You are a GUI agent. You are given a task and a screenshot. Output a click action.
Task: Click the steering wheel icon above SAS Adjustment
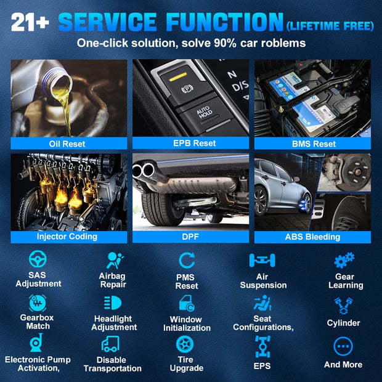tap(38, 259)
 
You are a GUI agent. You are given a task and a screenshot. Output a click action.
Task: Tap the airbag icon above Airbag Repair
tap(115, 260)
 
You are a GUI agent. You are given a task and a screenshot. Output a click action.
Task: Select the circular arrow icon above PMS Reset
tap(187, 260)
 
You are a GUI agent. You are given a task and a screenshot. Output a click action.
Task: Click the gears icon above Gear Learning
tap(344, 260)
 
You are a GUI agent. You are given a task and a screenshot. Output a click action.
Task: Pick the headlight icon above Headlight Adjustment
tap(113, 303)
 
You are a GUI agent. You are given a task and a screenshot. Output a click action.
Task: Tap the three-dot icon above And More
tap(343, 346)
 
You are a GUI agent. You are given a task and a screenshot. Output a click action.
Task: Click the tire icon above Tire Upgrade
tap(185, 344)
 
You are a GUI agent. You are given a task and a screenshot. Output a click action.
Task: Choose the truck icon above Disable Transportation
tap(111, 344)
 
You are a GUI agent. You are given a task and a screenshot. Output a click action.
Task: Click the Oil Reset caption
tap(67, 144)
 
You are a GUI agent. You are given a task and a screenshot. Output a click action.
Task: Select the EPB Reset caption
tap(195, 143)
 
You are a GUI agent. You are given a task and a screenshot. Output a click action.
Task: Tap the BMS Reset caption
tap(314, 144)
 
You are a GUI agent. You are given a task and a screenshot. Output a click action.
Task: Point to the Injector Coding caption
tap(67, 237)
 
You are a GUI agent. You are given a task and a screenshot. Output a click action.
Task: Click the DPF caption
tap(190, 237)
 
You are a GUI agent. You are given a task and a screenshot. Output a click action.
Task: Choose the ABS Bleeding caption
tap(312, 237)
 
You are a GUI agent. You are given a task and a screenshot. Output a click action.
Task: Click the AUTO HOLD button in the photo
tap(204, 113)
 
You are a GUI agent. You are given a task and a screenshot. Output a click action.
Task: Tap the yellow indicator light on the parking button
tap(178, 76)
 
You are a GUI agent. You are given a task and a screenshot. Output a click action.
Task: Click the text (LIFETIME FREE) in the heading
tap(330, 26)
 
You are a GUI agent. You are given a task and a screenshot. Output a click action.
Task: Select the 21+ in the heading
tap(30, 22)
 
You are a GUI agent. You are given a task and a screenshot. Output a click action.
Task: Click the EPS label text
tap(262, 366)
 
